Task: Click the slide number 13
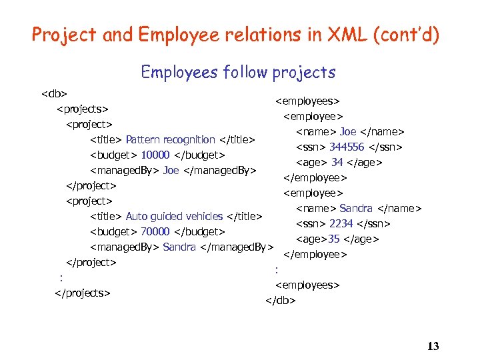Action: point(433,346)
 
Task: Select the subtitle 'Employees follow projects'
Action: point(238,72)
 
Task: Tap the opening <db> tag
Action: point(54,93)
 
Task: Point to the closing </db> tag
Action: point(280,300)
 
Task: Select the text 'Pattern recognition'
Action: point(170,140)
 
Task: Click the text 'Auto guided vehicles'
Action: point(174,216)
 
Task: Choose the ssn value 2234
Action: point(341,224)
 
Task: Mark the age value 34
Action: point(337,163)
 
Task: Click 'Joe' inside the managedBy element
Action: point(171,171)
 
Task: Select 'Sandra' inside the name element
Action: point(356,209)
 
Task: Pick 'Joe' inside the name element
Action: point(348,132)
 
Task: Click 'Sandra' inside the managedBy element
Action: point(179,247)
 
